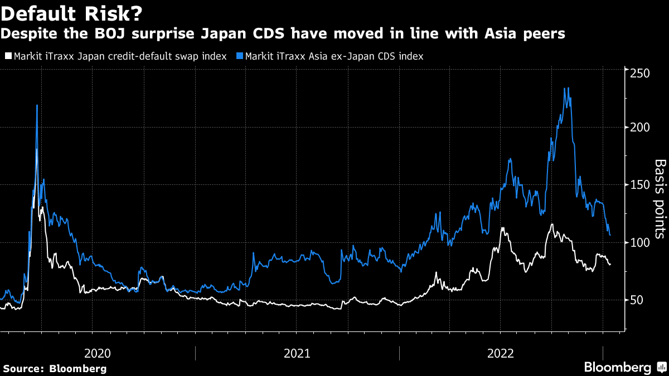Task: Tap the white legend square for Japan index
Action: click(8, 56)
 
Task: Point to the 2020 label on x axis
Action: click(98, 353)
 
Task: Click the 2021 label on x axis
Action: click(297, 353)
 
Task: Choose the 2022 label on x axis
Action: click(501, 353)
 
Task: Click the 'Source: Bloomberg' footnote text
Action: click(55, 368)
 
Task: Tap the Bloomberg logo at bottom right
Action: click(618, 367)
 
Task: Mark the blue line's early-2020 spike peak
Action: click(37, 105)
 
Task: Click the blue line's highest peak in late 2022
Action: click(566, 88)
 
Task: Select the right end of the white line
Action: click(610, 265)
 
